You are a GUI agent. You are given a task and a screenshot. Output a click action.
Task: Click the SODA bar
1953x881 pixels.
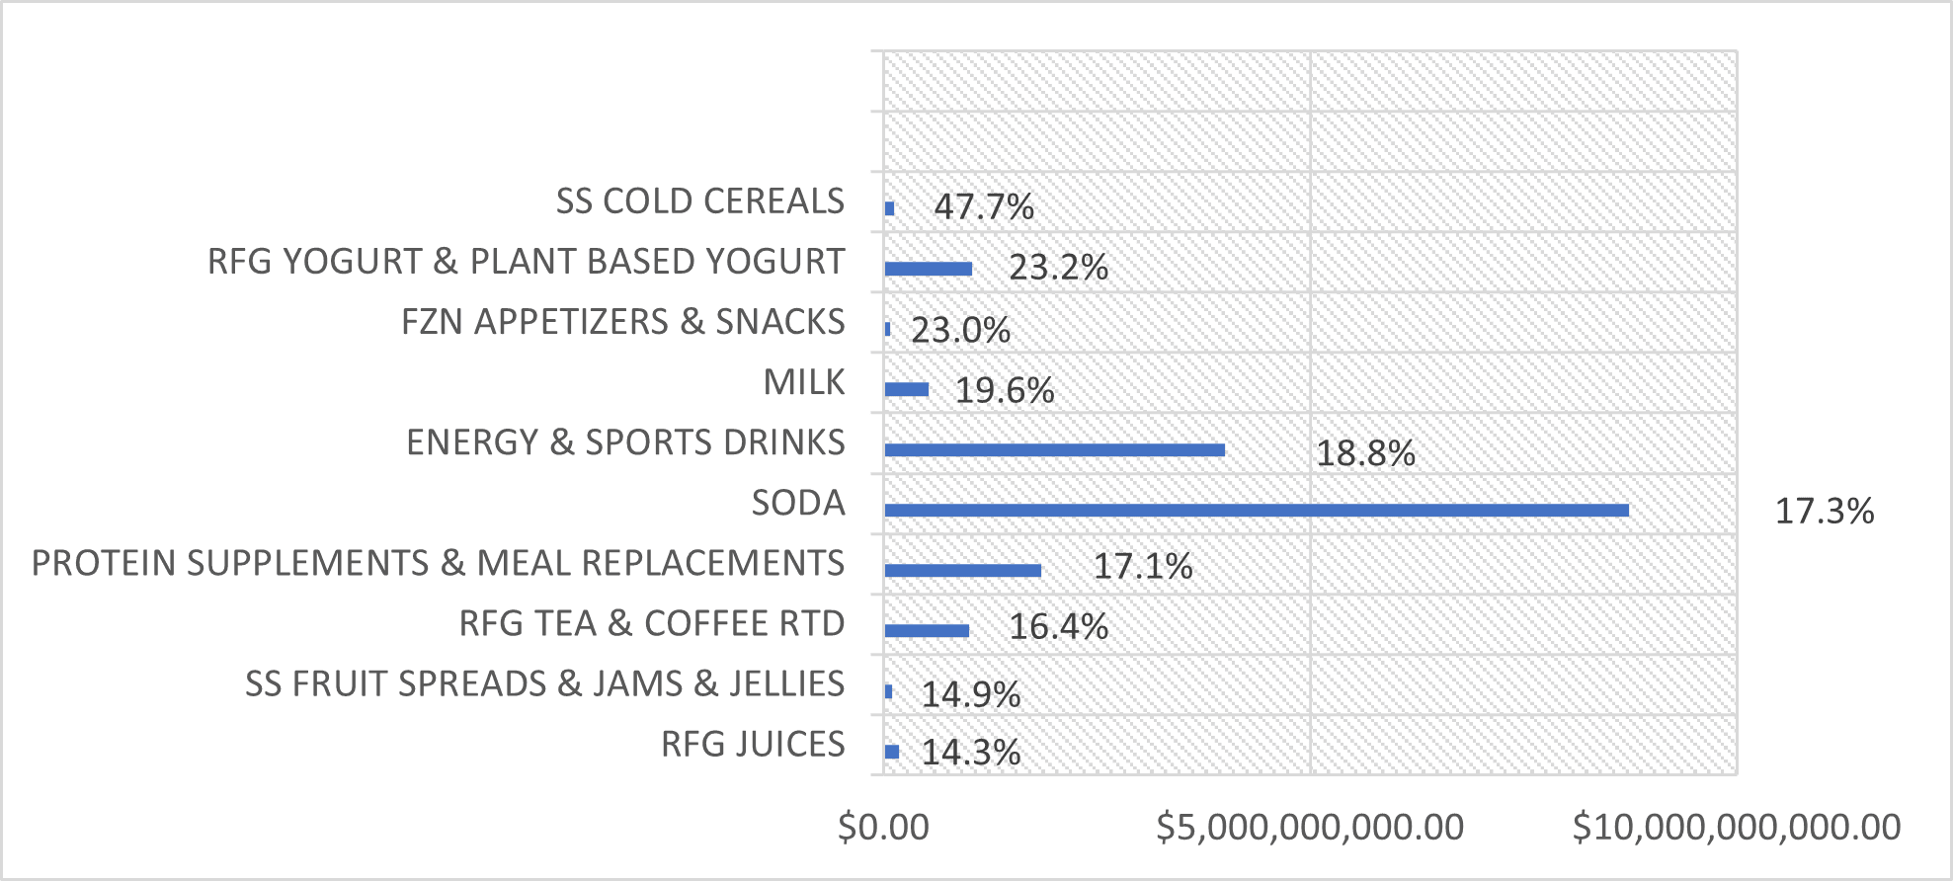[x=1257, y=510]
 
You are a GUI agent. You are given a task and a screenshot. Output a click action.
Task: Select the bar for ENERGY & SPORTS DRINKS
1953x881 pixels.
[x=1055, y=449]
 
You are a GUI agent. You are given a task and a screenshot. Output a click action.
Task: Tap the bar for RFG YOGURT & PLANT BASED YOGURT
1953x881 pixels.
[x=929, y=269]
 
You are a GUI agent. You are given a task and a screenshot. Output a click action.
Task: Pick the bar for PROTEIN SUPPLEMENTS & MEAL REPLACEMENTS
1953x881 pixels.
[x=963, y=570]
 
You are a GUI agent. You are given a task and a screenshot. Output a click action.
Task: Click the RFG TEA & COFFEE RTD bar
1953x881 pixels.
[x=927, y=630]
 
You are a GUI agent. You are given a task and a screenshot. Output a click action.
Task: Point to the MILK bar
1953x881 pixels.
[x=907, y=389]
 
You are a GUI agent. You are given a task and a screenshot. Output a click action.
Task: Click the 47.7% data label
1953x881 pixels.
[x=984, y=207]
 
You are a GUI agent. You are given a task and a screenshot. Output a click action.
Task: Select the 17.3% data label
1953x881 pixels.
[x=1825, y=512]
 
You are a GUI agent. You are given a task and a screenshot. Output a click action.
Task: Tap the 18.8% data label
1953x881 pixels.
[x=1365, y=454]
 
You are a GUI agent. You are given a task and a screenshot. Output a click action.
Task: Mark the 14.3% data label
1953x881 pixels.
[x=971, y=754]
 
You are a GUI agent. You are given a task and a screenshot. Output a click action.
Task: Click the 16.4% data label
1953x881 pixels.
[x=1058, y=627]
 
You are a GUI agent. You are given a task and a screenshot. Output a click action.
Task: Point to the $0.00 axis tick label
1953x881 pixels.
[x=883, y=828]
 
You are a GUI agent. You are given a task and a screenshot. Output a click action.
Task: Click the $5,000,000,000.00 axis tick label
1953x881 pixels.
[x=1310, y=828]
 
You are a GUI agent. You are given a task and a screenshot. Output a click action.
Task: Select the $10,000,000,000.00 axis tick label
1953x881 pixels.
[x=1737, y=828]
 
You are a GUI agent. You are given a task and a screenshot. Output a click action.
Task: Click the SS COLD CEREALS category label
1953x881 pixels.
[x=700, y=201]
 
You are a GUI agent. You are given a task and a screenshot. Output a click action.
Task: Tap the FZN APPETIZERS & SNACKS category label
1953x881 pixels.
[x=623, y=322]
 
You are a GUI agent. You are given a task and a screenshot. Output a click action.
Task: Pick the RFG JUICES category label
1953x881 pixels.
[x=753, y=744]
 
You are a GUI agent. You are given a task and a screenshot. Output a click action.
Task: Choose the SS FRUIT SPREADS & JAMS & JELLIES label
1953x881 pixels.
[x=545, y=683]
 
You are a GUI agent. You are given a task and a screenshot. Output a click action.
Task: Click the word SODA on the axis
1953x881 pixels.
[x=798, y=503]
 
